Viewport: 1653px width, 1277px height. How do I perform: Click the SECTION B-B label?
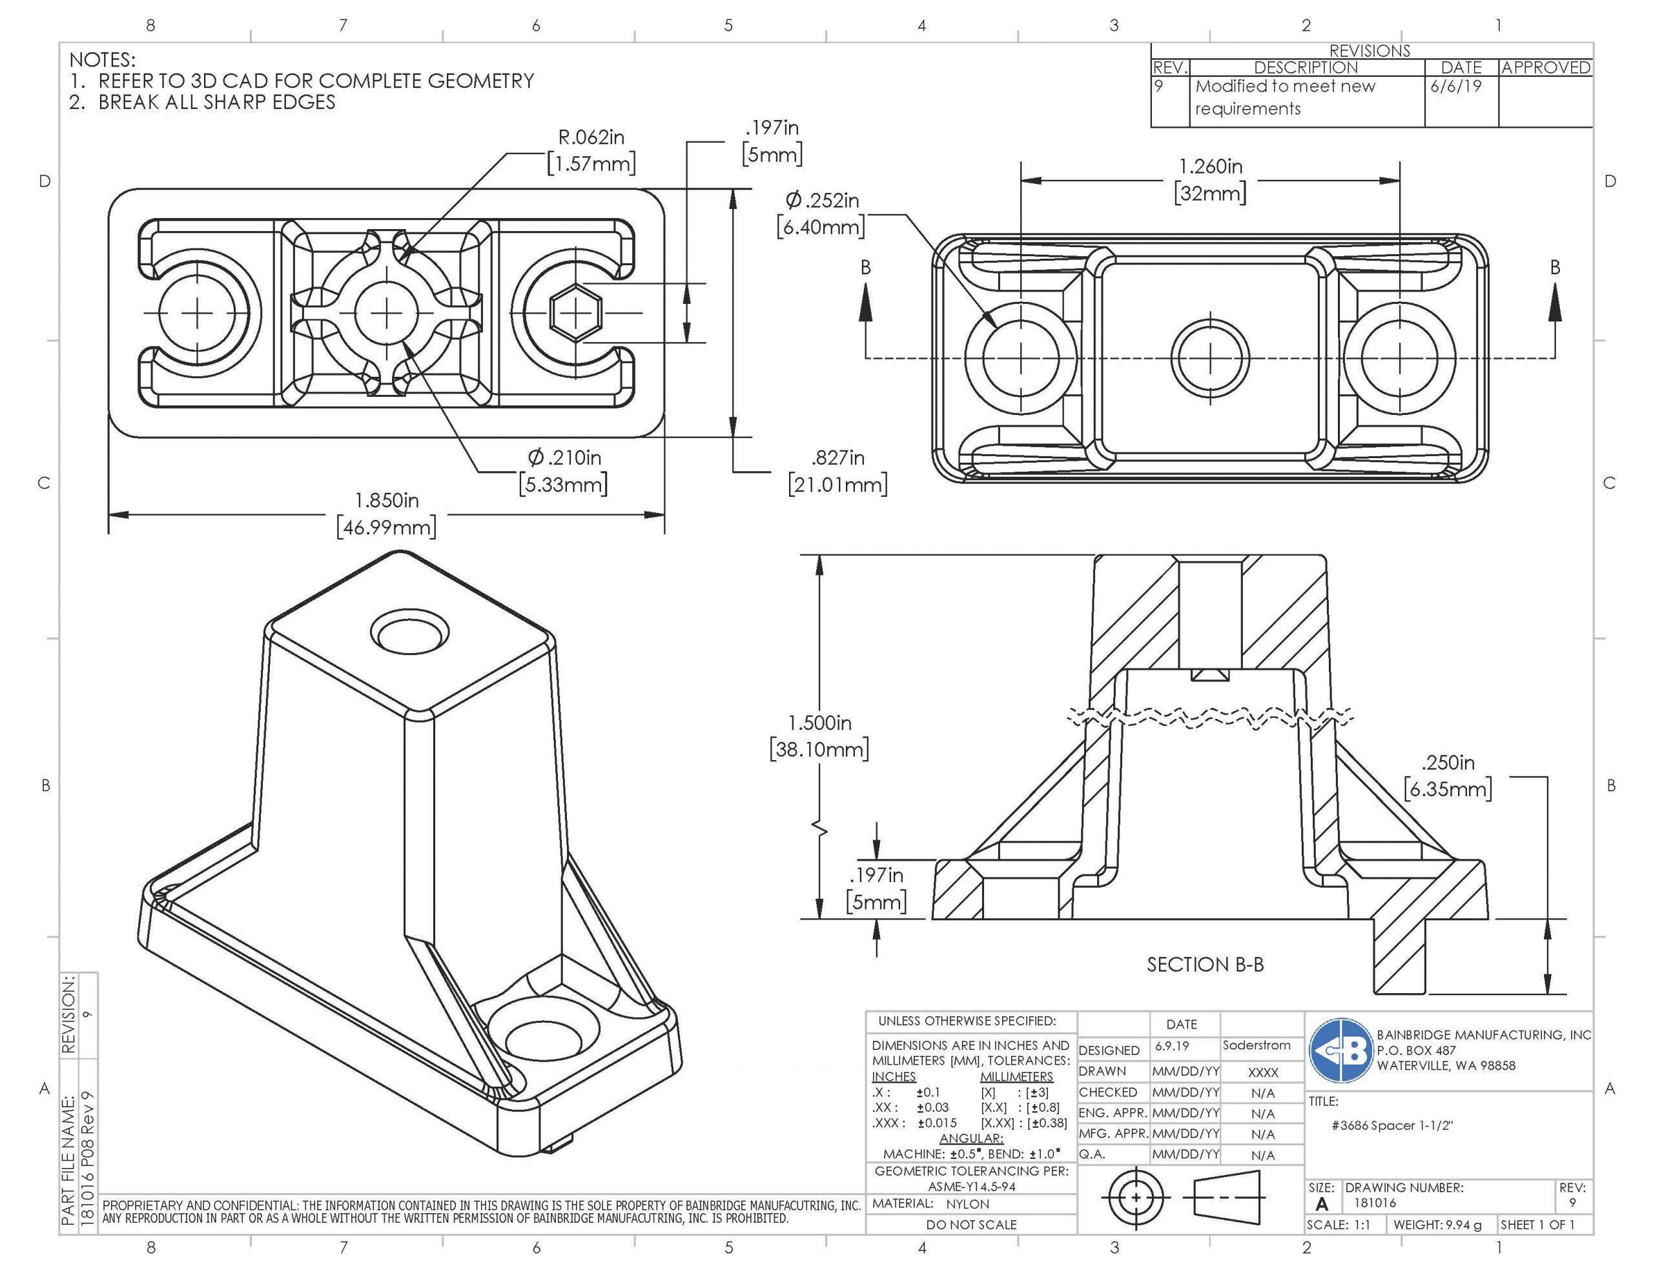pos(1205,965)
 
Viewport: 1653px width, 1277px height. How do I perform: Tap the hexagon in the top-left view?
pos(576,312)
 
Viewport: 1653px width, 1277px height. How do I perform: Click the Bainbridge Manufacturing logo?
pos(1340,1051)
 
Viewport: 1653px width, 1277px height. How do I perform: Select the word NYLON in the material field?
pos(967,1203)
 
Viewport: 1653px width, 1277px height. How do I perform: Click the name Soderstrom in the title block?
pos(1256,1045)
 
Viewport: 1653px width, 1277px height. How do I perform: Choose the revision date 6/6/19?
pos(1455,86)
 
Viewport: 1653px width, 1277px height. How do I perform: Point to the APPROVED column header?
pos(1546,67)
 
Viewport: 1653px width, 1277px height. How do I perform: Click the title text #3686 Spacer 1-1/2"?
pos(1392,1126)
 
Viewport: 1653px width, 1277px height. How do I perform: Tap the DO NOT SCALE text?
pos(971,1225)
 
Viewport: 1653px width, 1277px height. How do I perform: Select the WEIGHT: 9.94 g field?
pos(1437,1225)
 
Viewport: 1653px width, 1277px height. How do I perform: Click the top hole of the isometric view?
pos(409,632)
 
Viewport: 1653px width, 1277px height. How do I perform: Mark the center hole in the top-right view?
pos(1210,356)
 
